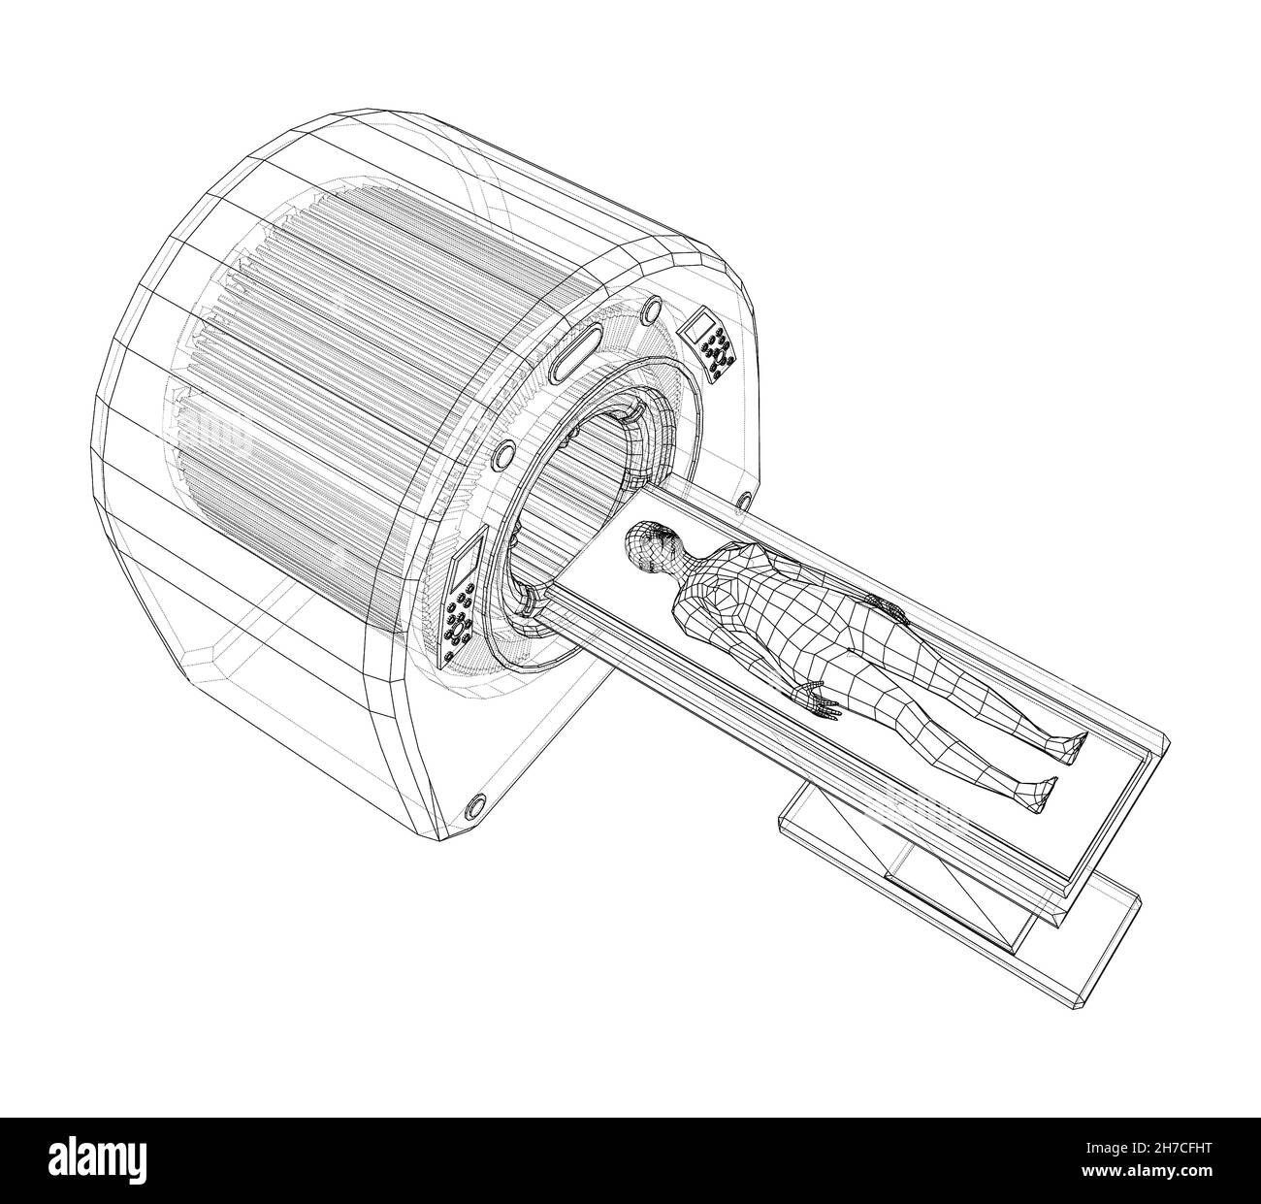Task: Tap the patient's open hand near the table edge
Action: [x=818, y=700]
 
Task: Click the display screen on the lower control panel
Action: [x=464, y=561]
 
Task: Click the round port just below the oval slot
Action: [x=502, y=453]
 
